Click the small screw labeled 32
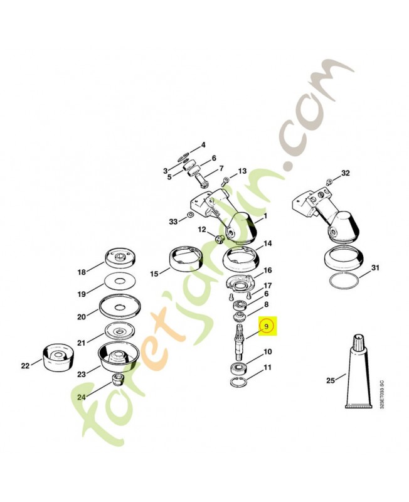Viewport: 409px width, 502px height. tap(329, 183)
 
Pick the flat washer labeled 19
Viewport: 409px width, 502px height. tap(119, 281)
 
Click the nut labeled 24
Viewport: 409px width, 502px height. tap(117, 380)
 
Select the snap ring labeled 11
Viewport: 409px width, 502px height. tap(239, 382)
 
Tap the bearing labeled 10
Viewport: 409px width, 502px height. tap(239, 368)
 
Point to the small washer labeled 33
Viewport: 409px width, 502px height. tap(189, 214)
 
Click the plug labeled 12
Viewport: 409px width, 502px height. tap(219, 238)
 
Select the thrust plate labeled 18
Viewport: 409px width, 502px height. tap(120, 258)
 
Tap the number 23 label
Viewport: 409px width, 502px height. tap(82, 373)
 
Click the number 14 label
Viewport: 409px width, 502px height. tap(268, 243)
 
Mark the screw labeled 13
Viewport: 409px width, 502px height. tap(225, 181)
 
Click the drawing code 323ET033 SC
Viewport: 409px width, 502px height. tap(381, 397)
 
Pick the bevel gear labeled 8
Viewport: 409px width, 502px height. tap(240, 318)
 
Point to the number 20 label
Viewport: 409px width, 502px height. tap(82, 317)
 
